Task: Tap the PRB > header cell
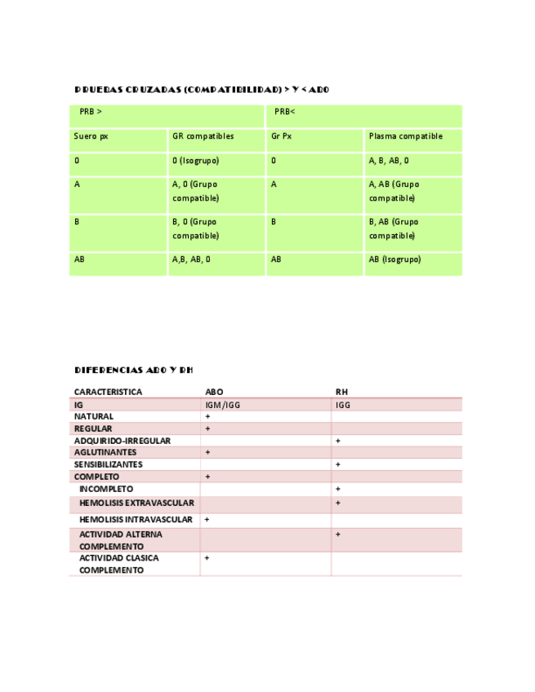pos(91,111)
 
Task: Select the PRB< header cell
pos(284,111)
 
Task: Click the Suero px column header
pos(91,136)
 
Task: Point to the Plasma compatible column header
pos(405,136)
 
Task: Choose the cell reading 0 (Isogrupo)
pos(195,161)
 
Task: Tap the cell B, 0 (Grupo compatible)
pos(194,228)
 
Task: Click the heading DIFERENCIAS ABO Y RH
pos(133,370)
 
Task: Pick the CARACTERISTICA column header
pos(108,392)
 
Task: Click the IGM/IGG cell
pos(222,404)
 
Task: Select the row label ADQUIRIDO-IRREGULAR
pos(122,441)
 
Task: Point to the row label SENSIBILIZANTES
pos(108,464)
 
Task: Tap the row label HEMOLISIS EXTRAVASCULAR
pos(136,503)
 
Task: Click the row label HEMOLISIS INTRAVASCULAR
pos(136,519)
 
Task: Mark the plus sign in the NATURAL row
pos(207,416)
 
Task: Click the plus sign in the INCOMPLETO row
pos(338,489)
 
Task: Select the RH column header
pos(341,392)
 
